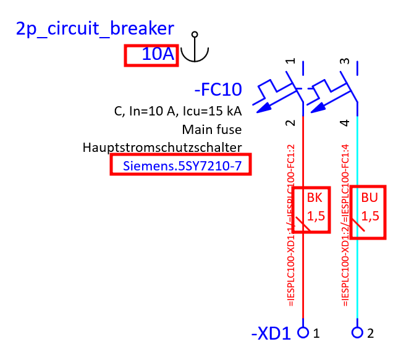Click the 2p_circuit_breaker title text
[x=95, y=28]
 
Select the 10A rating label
[x=151, y=55]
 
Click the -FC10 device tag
[x=218, y=90]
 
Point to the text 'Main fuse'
[x=211, y=130]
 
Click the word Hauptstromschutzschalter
[x=162, y=148]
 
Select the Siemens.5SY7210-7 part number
[x=181, y=165]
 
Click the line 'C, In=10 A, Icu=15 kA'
[x=178, y=112]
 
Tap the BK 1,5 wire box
[x=310, y=209]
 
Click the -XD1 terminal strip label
[x=271, y=334]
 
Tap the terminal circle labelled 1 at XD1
[x=303, y=332]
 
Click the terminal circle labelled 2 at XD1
[x=357, y=332]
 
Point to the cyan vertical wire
[x=357, y=278]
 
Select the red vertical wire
[x=303, y=278]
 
